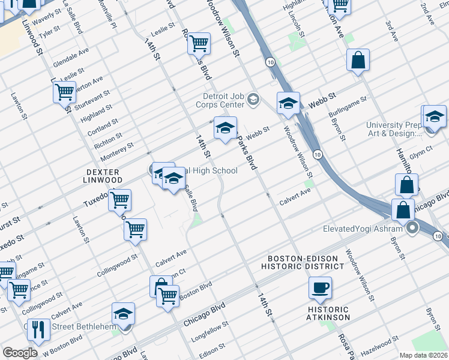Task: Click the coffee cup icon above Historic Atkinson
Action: tap(320, 287)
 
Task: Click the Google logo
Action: tap(20, 353)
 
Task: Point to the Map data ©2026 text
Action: tap(423, 355)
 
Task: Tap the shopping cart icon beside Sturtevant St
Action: tap(64, 92)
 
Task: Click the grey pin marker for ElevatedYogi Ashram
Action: tap(412, 228)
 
